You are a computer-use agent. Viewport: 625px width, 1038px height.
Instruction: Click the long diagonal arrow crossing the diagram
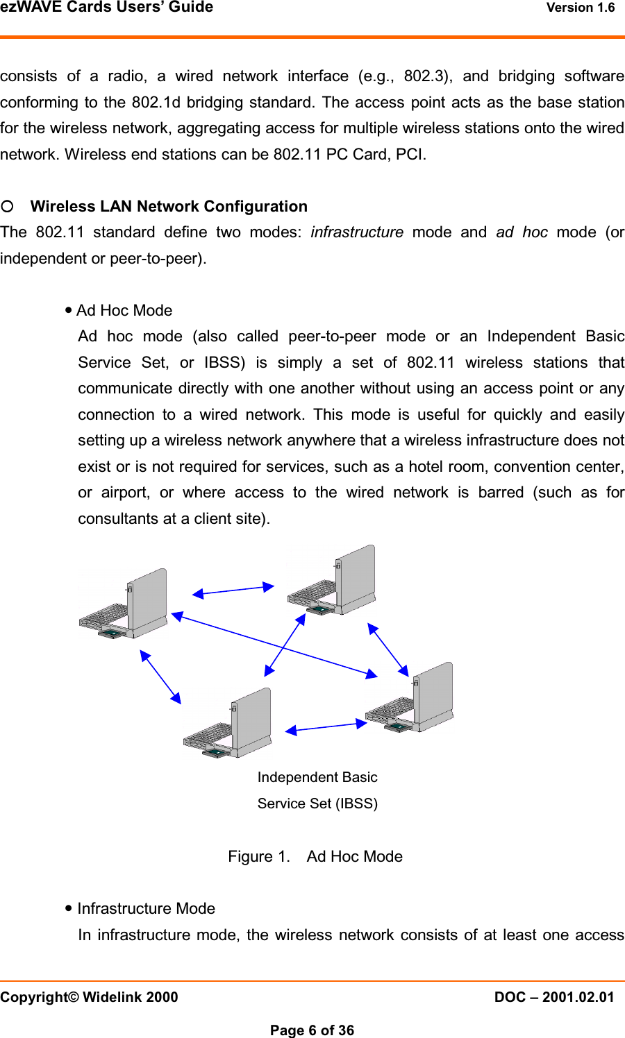(274, 645)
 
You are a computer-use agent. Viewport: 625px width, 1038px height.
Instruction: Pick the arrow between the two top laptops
(233, 590)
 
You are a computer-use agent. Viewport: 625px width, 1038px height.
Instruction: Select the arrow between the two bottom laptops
(326, 726)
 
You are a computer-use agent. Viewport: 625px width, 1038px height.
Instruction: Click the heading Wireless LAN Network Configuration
(169, 207)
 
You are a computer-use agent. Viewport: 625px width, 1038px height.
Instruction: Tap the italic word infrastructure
(357, 232)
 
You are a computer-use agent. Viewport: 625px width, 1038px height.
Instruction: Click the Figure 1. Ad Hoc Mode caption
(315, 857)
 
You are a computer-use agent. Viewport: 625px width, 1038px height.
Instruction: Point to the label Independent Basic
(317, 778)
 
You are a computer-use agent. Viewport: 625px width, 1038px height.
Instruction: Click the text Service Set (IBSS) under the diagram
(317, 804)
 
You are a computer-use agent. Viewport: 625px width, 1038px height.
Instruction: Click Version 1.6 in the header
(581, 8)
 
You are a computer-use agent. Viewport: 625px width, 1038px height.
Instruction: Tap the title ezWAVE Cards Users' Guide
(107, 8)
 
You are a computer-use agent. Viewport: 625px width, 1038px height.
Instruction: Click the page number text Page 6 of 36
(312, 1030)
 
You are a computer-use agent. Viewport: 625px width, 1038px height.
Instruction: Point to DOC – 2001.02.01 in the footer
(554, 998)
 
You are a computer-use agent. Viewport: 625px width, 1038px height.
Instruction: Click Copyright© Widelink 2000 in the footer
(90, 998)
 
